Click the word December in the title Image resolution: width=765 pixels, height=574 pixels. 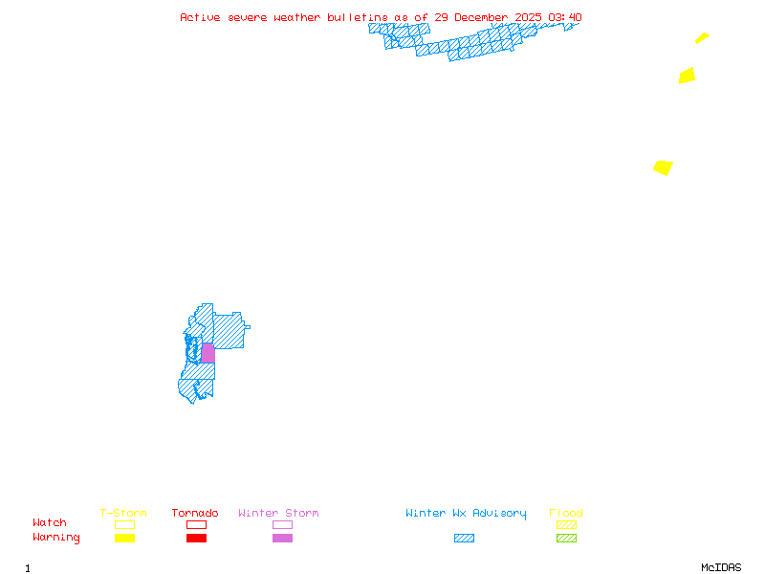481,17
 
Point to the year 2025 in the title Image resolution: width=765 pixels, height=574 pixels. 528,17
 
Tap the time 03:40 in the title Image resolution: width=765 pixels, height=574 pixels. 565,17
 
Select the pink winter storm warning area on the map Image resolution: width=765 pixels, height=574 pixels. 208,353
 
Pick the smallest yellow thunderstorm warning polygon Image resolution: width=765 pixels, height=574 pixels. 702,38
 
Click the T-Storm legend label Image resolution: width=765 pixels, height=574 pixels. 123,514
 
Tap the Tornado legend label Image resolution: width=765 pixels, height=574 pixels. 195,514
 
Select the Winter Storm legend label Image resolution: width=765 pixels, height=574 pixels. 278,514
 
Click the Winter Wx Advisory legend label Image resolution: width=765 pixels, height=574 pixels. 466,514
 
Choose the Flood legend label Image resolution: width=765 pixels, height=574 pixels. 566,514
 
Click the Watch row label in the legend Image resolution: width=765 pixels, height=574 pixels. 50,523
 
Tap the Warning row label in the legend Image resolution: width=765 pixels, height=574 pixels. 55,538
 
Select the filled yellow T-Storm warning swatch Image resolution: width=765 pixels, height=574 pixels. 124,539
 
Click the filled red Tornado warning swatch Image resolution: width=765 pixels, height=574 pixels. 196,539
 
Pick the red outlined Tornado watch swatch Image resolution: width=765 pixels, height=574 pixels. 196,524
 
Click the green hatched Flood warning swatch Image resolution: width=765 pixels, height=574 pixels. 566,539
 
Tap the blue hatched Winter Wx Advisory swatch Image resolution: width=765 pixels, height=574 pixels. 464,539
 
